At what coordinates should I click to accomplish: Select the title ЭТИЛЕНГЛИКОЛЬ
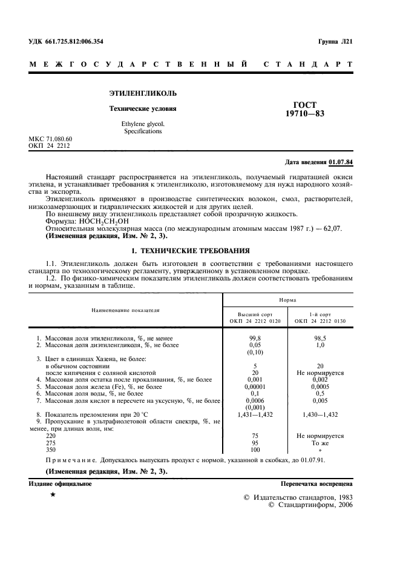(x=143, y=94)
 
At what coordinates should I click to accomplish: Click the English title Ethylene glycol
(x=143, y=124)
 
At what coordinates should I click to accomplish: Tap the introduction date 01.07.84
(x=341, y=162)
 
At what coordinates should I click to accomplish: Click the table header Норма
(x=287, y=299)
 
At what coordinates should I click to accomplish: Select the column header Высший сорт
(x=254, y=315)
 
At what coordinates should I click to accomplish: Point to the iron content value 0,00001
(x=255, y=386)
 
